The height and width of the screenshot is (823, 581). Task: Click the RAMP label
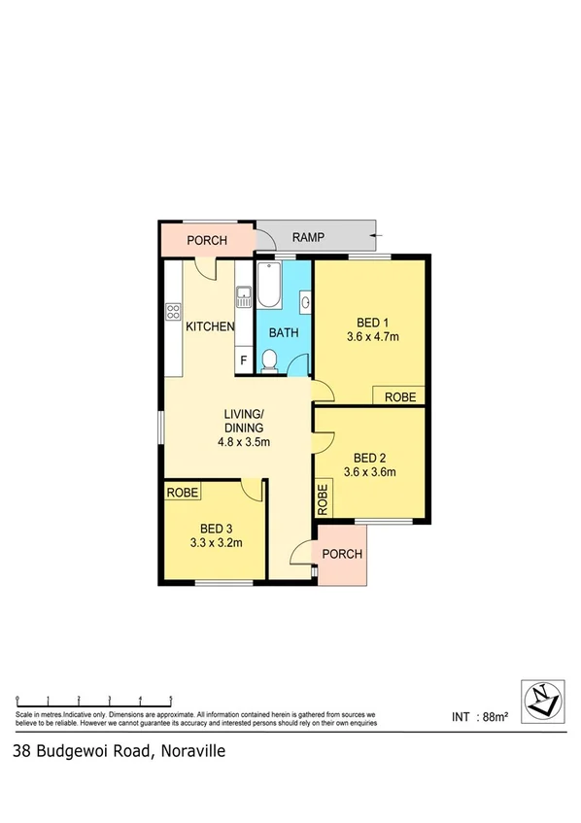pyautogui.click(x=307, y=237)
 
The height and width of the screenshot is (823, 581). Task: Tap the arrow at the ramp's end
pyautogui.click(x=378, y=235)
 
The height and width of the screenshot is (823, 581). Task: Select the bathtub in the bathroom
pyautogui.click(x=269, y=288)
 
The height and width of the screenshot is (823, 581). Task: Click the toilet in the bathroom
pyautogui.click(x=271, y=362)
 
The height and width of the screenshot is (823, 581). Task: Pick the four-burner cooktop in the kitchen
pyautogui.click(x=174, y=312)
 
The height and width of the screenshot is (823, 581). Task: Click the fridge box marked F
pyautogui.click(x=242, y=362)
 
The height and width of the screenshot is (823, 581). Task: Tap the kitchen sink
pyautogui.click(x=242, y=295)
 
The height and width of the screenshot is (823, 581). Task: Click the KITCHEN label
pyautogui.click(x=210, y=326)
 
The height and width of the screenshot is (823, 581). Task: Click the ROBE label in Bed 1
pyautogui.click(x=400, y=396)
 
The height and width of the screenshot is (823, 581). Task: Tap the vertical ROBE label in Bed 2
pyautogui.click(x=323, y=499)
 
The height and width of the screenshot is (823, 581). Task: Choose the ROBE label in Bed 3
pyautogui.click(x=183, y=493)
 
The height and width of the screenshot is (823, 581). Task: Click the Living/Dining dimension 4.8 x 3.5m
pyautogui.click(x=243, y=441)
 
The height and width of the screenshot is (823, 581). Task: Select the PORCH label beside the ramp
pyautogui.click(x=207, y=240)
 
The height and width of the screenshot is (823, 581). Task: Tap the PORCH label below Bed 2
pyautogui.click(x=342, y=554)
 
